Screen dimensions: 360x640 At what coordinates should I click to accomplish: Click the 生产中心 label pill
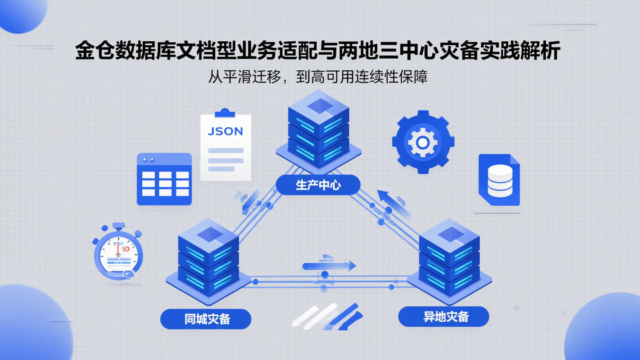pos(318,185)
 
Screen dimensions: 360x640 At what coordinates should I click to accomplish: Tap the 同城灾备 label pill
pos(206,319)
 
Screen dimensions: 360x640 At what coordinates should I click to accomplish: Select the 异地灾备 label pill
pos(444,317)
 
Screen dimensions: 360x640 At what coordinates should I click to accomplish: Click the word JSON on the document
pos(226,131)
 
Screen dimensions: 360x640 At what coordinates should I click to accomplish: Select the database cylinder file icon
pos(499,180)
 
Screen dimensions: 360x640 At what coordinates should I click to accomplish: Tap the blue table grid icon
pos(164,179)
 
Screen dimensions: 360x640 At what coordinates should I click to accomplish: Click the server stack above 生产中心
pos(318,130)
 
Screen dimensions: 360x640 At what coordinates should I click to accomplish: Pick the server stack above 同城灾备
pos(208,258)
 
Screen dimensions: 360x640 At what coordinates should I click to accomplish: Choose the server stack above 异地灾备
pos(449,258)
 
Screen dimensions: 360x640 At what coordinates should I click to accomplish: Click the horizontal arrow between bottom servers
pos(329,266)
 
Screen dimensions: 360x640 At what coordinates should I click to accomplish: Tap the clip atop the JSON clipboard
pos(225,113)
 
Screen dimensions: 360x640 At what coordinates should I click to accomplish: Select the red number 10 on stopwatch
pos(125,249)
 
